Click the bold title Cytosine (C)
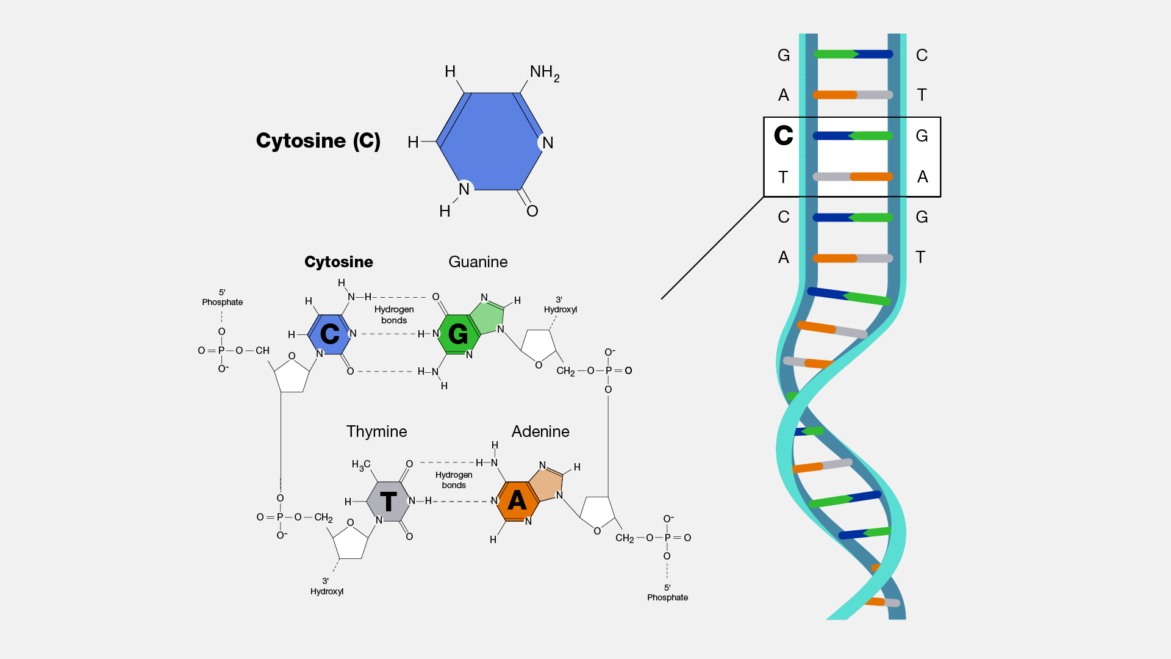click(x=318, y=141)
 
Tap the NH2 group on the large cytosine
click(x=544, y=73)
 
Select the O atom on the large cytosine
click(x=532, y=211)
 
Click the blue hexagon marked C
click(x=329, y=334)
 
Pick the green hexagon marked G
click(x=458, y=334)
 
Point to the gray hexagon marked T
click(x=388, y=502)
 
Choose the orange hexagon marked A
click(x=517, y=501)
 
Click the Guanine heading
click(x=478, y=262)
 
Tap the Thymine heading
click(x=376, y=431)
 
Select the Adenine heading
click(x=540, y=431)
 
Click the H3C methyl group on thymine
click(x=360, y=465)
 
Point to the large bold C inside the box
click(x=784, y=135)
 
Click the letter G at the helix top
click(x=784, y=56)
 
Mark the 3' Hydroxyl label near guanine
click(x=560, y=305)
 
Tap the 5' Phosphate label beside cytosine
click(x=222, y=298)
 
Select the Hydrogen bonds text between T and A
click(x=454, y=480)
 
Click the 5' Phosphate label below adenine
click(x=667, y=593)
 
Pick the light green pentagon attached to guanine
click(x=490, y=317)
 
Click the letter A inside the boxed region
click(x=922, y=177)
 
